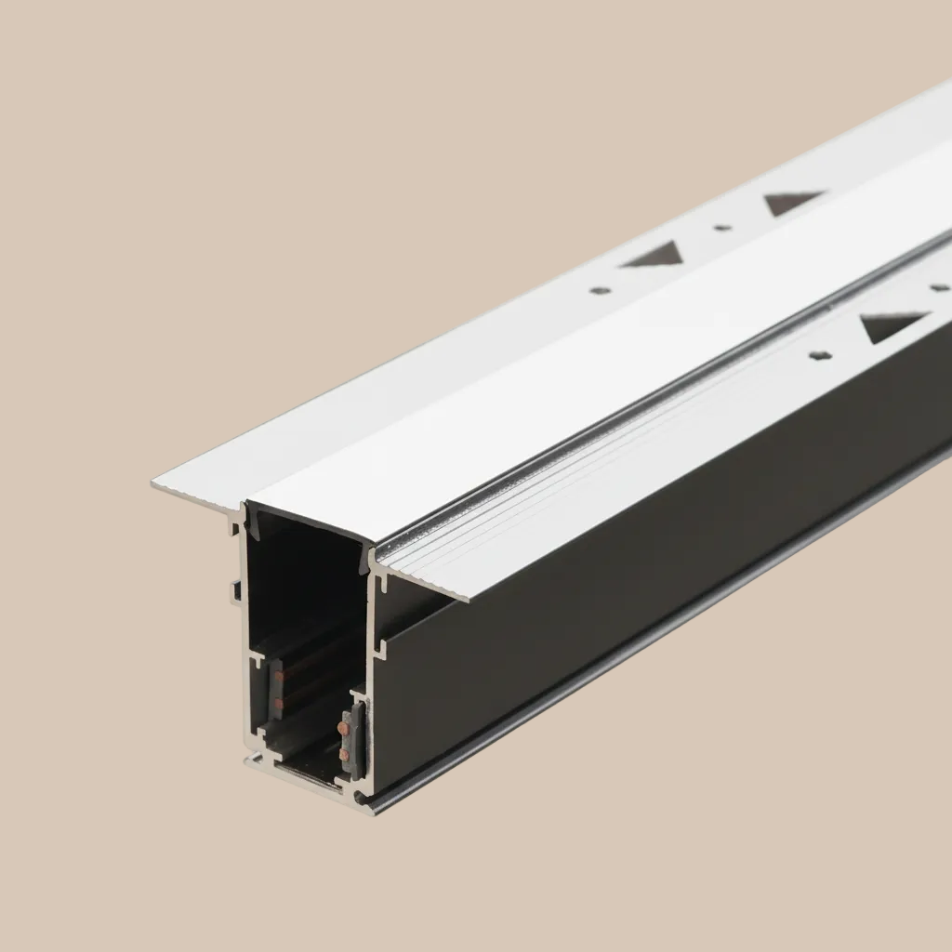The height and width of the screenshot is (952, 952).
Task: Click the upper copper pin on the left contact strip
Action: point(279,676)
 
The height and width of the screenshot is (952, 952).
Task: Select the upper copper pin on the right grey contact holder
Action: point(346,730)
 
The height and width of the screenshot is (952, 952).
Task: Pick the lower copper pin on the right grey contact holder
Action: point(346,757)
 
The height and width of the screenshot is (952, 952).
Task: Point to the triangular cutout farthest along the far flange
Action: point(793,200)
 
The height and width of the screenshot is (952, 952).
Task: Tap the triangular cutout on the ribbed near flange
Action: point(892,324)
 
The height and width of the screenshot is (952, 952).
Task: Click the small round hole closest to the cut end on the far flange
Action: point(600,290)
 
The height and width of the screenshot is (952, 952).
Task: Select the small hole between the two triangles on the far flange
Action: point(722,226)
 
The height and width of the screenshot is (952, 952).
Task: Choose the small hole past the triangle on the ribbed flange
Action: point(939,287)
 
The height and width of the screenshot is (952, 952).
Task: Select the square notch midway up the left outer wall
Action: point(236,588)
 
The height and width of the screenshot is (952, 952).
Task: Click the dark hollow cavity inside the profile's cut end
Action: point(307,576)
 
